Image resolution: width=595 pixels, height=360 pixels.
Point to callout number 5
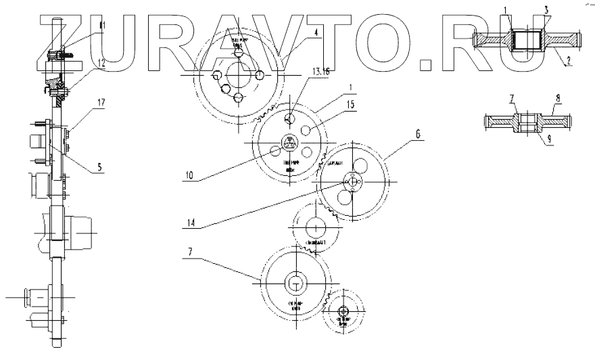point(100,164)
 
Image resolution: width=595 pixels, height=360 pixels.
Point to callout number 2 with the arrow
point(569,60)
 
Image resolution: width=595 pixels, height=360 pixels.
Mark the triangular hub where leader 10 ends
point(290,143)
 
